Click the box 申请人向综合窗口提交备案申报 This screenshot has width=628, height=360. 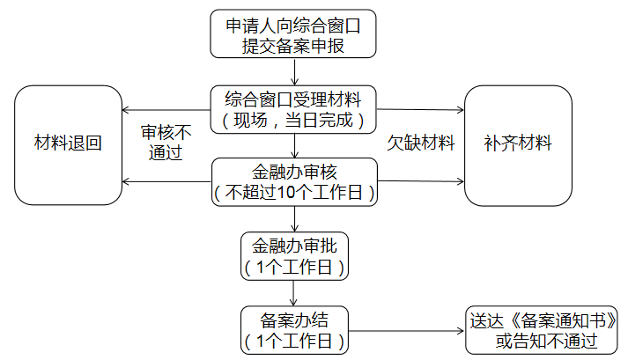(295, 34)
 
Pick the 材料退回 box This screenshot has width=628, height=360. (68, 144)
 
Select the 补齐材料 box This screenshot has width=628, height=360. (518, 144)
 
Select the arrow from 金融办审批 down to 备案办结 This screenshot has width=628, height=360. (295, 293)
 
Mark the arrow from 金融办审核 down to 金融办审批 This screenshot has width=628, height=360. (295, 219)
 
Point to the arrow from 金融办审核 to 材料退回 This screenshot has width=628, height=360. (166, 182)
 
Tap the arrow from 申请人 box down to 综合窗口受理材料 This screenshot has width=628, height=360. (295, 71)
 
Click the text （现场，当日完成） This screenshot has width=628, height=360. (295, 119)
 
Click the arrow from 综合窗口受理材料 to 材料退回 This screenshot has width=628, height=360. (166, 110)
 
